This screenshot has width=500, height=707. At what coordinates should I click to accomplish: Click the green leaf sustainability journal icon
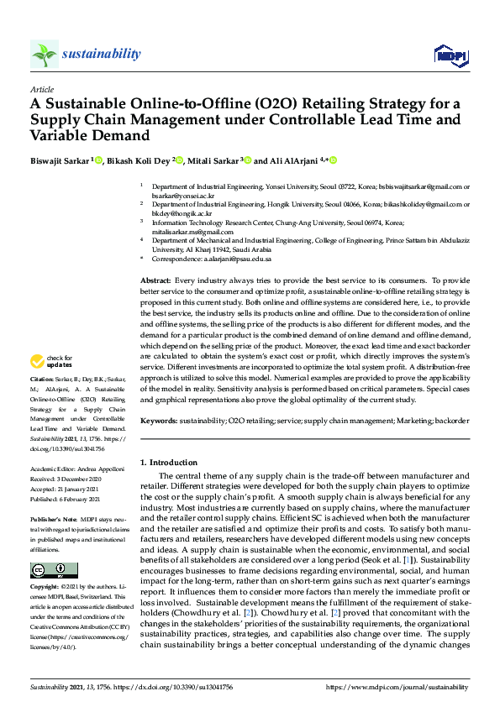[45, 55]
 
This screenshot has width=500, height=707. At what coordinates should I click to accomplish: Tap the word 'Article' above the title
[41, 89]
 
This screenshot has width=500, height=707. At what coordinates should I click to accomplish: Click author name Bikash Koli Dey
[137, 161]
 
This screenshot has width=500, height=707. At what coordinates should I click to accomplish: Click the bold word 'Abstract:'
[155, 279]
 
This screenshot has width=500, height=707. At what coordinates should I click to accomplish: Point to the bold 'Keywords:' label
[158, 421]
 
